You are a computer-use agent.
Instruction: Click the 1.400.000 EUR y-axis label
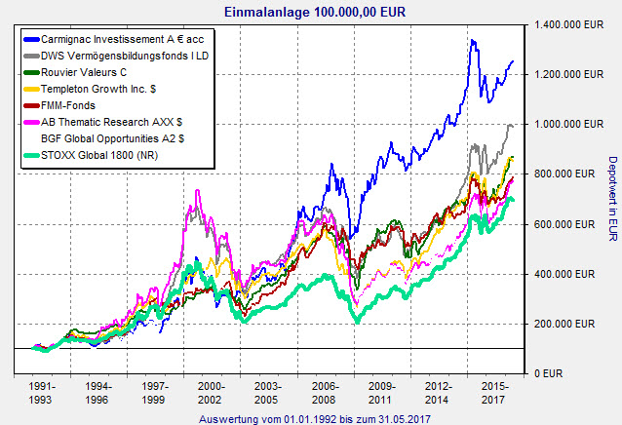(566, 23)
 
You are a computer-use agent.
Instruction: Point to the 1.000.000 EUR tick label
(566, 124)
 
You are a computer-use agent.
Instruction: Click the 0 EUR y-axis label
(553, 373)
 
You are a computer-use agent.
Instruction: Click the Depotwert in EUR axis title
(612, 199)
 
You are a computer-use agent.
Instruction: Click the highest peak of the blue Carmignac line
(472, 41)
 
